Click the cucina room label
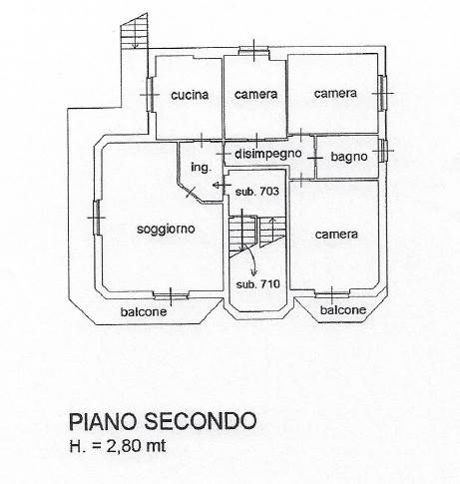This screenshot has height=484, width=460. click(190, 95)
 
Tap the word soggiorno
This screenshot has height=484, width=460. click(166, 230)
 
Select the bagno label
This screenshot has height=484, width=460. click(349, 157)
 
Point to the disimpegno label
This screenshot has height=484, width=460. click(268, 154)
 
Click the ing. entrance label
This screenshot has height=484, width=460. click(201, 167)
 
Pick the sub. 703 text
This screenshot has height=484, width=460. click(256, 192)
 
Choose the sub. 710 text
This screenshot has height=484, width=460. click(258, 284)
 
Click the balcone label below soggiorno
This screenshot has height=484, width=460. click(144, 312)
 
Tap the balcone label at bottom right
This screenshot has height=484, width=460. click(343, 310)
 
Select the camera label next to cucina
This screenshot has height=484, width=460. click(255, 94)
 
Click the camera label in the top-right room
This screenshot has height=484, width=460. click(335, 93)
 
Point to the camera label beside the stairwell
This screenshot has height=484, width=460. click(336, 235)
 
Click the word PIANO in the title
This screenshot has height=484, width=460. click(103, 421)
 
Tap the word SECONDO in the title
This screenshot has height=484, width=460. click(201, 421)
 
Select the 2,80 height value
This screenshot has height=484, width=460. click(124, 446)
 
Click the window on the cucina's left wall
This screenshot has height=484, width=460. click(150, 95)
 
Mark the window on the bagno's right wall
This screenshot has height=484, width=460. click(383, 151)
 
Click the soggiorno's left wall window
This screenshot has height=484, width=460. click(97, 218)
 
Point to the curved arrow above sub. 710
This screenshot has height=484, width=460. click(251, 257)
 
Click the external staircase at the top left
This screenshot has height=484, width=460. click(135, 32)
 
